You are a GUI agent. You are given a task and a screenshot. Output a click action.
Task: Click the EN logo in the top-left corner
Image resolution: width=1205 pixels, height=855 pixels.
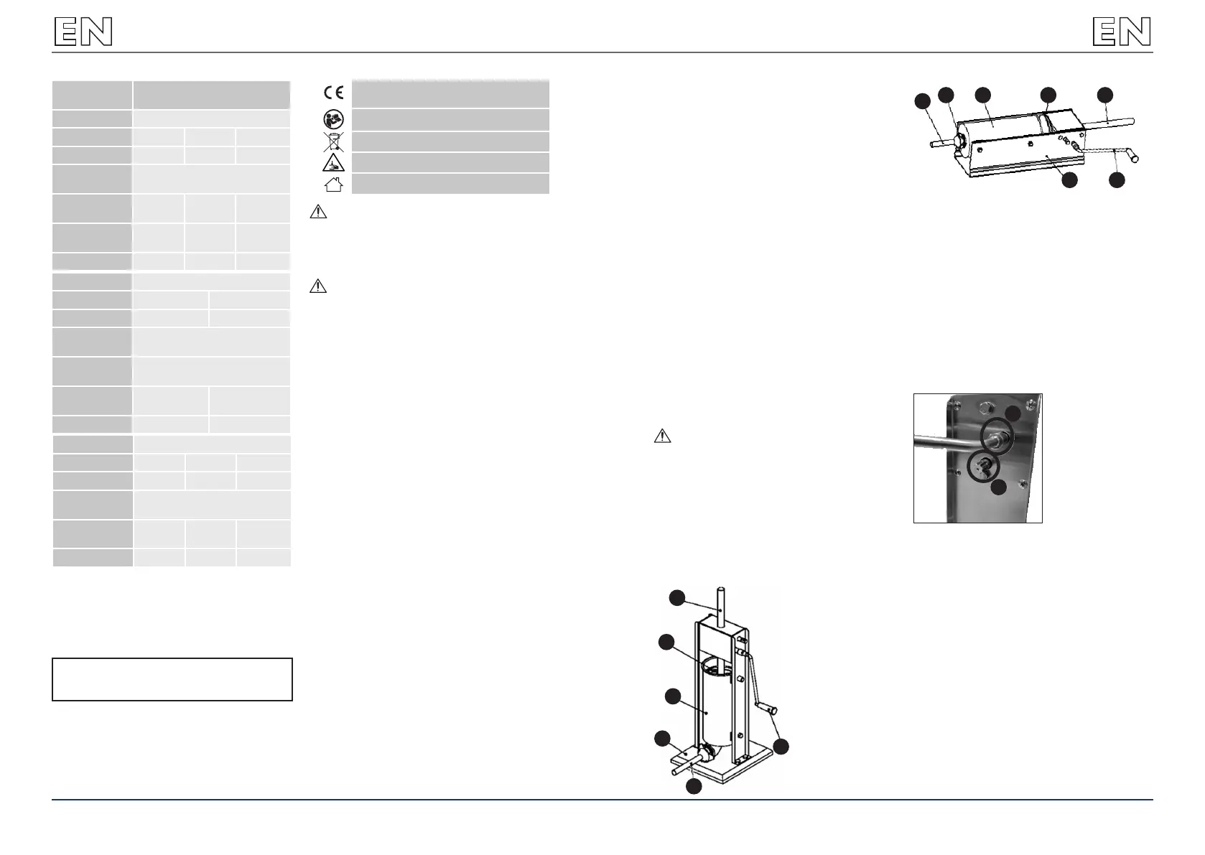tap(83, 32)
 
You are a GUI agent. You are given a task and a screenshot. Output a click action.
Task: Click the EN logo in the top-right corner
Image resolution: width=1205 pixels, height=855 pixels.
tap(1121, 32)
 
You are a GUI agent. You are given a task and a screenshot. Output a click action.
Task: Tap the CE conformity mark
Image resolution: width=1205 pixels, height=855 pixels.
tap(333, 92)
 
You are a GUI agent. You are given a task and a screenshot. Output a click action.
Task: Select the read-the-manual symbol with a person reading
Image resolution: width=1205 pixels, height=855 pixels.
tap(333, 119)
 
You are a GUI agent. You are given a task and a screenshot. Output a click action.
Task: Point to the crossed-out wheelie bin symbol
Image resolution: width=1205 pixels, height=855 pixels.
tap(333, 141)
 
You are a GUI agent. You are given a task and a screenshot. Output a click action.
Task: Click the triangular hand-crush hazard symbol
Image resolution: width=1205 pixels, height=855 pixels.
tap(333, 162)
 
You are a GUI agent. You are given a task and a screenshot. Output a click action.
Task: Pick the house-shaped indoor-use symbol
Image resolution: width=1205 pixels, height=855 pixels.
tap(333, 184)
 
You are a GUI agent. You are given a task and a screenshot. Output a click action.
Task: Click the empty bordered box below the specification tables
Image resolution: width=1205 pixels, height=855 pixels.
tap(172, 678)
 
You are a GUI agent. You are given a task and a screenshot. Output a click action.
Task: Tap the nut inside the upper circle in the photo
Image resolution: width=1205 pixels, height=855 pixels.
tap(997, 436)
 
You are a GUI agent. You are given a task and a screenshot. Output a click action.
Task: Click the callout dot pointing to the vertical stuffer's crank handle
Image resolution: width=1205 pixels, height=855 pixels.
tap(781, 746)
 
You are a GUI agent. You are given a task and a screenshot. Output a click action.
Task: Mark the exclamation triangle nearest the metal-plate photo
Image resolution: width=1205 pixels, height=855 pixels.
tap(662, 436)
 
